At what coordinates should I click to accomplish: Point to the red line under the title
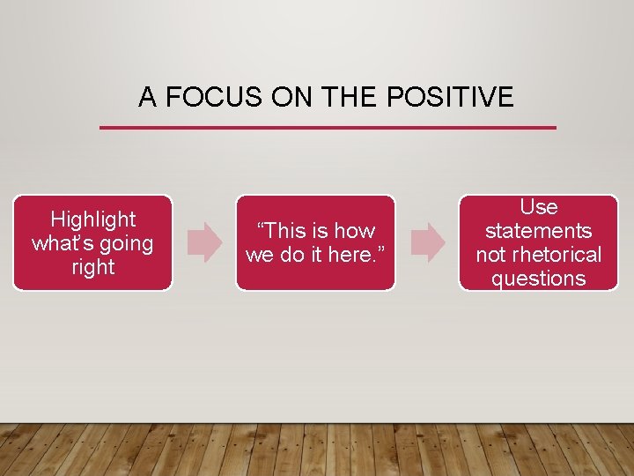[x=328, y=128]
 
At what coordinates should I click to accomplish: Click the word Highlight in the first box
[x=93, y=219]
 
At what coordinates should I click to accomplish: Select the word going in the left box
[x=126, y=243]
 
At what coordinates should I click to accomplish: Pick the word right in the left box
[x=93, y=267]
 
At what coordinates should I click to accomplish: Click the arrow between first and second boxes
[x=206, y=242]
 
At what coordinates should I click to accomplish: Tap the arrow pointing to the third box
[x=429, y=242]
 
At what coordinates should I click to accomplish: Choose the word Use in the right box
[x=539, y=207]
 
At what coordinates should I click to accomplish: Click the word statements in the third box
[x=539, y=231]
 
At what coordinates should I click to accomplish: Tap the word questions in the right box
[x=539, y=279]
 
